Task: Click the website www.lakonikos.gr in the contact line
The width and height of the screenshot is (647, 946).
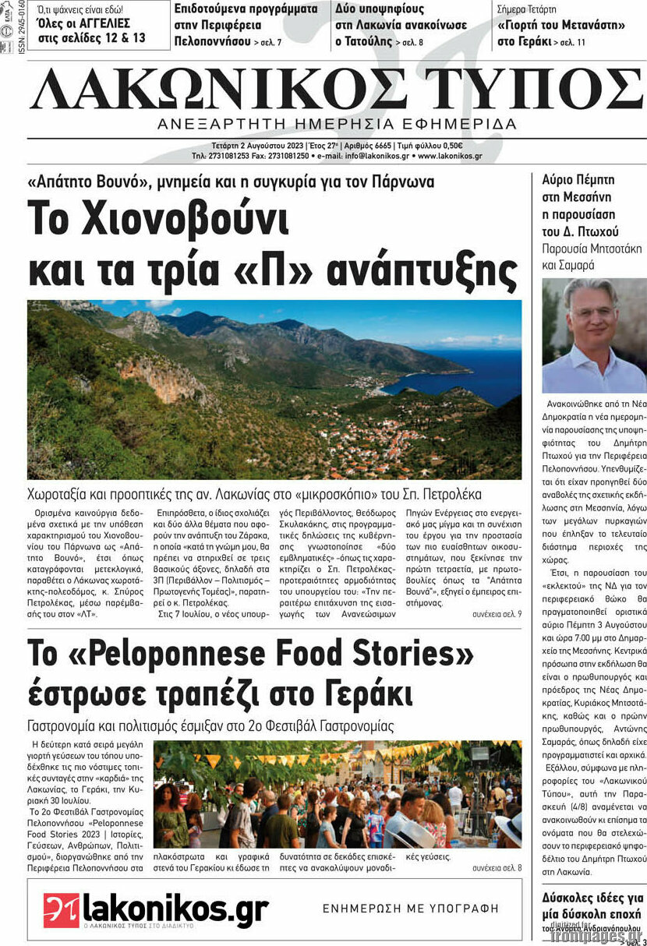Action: pyautogui.click(x=450, y=156)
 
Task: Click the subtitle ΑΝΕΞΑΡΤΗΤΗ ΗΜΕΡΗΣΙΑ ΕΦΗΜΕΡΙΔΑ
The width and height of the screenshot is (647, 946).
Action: pyautogui.click(x=337, y=124)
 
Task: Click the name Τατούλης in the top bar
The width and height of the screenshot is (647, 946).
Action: pyautogui.click(x=364, y=41)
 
